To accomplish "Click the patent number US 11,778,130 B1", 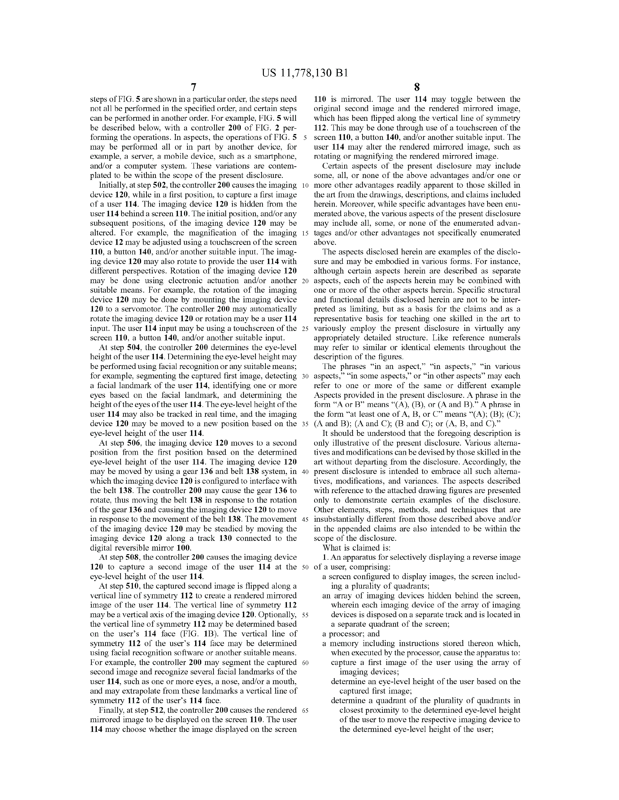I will click(304, 73).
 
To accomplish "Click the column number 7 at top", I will click(193, 87).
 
